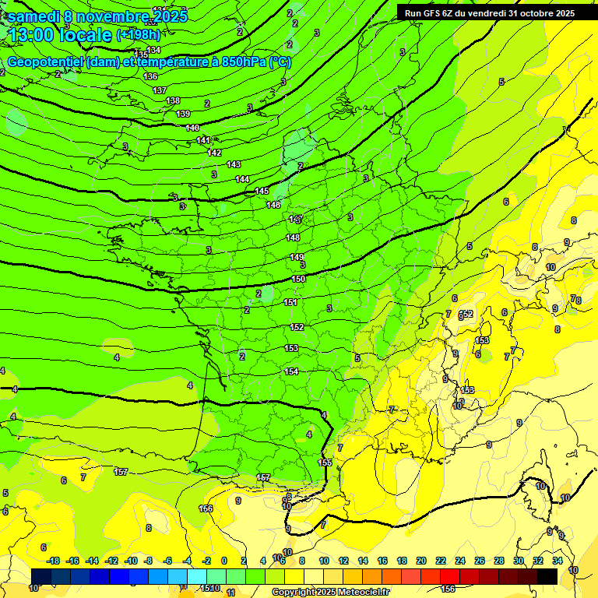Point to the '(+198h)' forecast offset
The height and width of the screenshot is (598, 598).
[x=138, y=35]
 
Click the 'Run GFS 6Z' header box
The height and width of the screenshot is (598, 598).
[x=486, y=13]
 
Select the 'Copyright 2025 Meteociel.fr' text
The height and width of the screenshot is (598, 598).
[x=330, y=592]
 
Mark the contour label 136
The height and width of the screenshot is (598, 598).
[x=151, y=76]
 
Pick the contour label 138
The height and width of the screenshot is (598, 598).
[x=173, y=100]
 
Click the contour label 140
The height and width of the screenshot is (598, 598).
[x=192, y=128]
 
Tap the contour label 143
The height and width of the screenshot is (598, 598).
[x=234, y=164]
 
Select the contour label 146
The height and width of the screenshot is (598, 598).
[x=273, y=205]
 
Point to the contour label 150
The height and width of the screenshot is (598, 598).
[x=298, y=279]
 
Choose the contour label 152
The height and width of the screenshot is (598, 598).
[x=297, y=328]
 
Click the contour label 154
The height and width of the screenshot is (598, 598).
[x=291, y=371]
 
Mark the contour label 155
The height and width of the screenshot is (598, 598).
[x=325, y=463]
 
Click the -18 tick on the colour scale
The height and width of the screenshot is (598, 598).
[x=53, y=561]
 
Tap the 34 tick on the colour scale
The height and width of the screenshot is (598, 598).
[x=558, y=561]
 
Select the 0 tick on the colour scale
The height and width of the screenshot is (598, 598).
[x=224, y=561]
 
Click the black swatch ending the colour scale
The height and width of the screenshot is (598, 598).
[x=547, y=576]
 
